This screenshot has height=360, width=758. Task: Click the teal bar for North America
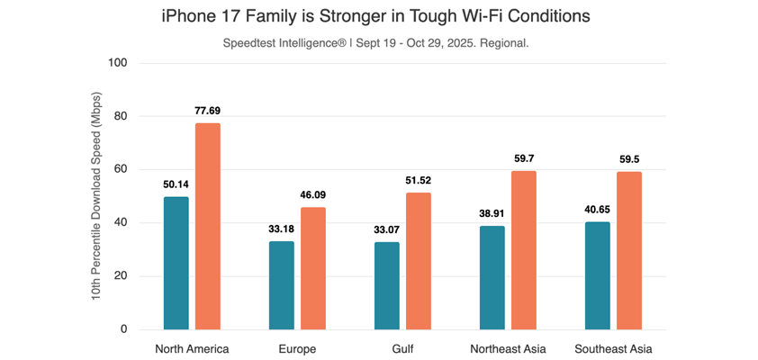[176, 263]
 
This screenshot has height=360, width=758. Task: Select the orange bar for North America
[207, 226]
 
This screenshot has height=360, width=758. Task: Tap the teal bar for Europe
[281, 285]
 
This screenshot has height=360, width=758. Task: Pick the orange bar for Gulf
[418, 261]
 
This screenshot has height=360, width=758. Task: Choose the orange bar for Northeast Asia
[524, 250]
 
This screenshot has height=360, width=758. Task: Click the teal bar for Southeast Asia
[597, 275]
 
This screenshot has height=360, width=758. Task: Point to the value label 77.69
[207, 111]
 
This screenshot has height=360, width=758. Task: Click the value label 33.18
[281, 229]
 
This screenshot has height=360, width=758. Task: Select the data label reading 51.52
[419, 180]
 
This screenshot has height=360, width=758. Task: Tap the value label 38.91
[492, 213]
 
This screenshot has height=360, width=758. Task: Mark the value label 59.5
[629, 159]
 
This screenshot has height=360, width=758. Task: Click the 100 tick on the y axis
[118, 63]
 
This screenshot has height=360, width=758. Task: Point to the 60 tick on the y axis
[121, 169]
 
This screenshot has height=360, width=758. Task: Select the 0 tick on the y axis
[123, 329]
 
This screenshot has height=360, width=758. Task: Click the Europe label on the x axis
[297, 349]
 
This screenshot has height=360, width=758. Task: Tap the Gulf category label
[402, 349]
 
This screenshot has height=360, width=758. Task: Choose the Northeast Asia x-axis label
[508, 349]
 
